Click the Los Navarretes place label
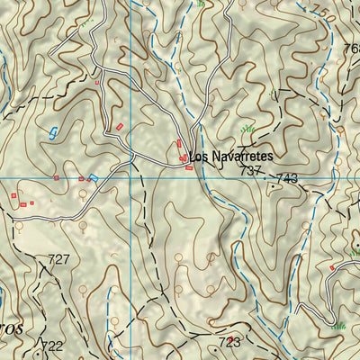pyautogui.click(x=230, y=156)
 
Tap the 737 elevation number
pyautogui.click(x=253, y=170)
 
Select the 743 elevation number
pyautogui.click(x=287, y=179)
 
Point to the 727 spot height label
pyautogui.click(x=58, y=259)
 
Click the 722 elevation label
pyautogui.click(x=52, y=346)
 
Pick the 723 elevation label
pyautogui.click(x=230, y=342)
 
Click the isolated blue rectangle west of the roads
pyautogui.click(x=52, y=132)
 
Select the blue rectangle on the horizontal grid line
pyautogui.click(x=93, y=178)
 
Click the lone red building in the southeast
pyautogui.click(x=332, y=267)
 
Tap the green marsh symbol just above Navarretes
pyautogui.click(x=250, y=130)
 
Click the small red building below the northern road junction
pyautogui.click(x=97, y=82)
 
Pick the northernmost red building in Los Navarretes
pyautogui.click(x=180, y=142)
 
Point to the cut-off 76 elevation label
pyautogui.click(x=352, y=49)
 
